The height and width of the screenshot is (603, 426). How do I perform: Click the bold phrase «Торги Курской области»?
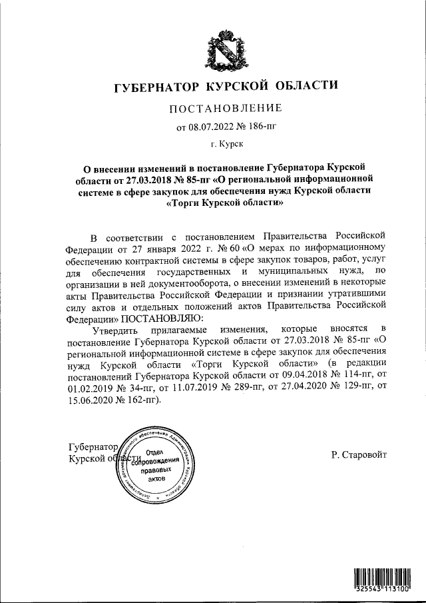pos(219,205)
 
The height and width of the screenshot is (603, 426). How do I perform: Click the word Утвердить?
pos(114,329)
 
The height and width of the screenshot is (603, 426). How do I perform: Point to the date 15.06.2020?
pos(89,401)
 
